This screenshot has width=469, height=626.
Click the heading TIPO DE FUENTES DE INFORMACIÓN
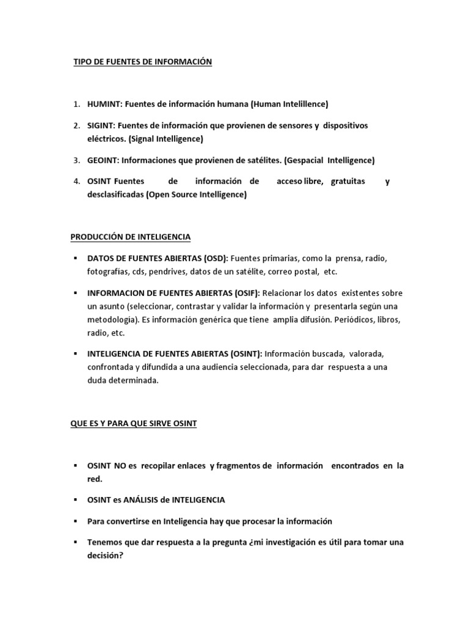click(142, 62)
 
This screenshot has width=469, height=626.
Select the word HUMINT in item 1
click(100, 104)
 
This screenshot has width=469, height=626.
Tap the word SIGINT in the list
click(99, 125)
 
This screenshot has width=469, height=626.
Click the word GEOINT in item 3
click(101, 160)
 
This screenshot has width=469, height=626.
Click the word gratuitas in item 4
click(347, 182)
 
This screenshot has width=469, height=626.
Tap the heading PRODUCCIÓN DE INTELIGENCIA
click(131, 236)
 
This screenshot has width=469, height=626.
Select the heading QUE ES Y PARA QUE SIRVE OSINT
click(133, 423)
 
